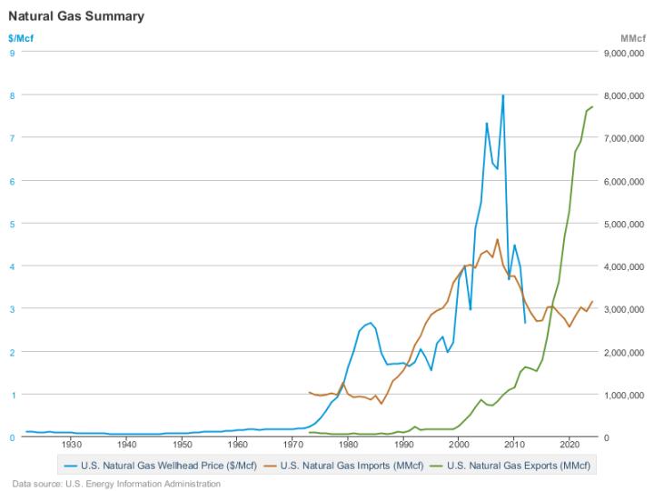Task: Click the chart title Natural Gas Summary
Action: tap(75, 16)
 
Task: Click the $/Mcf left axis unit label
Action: tap(21, 39)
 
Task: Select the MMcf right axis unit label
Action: tap(631, 39)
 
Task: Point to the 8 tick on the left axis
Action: tap(13, 95)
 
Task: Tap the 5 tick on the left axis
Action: tap(13, 223)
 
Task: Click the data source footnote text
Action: tap(116, 484)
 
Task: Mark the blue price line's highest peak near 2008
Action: tap(503, 95)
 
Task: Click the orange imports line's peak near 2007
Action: tap(498, 239)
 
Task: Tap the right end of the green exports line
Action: tap(592, 106)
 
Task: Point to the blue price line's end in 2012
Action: tap(525, 323)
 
